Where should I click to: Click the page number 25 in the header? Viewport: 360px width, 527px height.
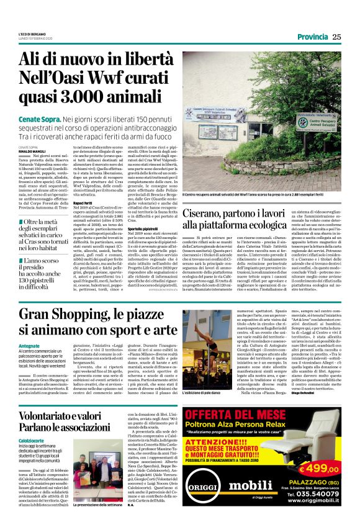click(336, 37)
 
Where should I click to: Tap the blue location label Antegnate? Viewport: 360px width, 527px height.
click(30, 363)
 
